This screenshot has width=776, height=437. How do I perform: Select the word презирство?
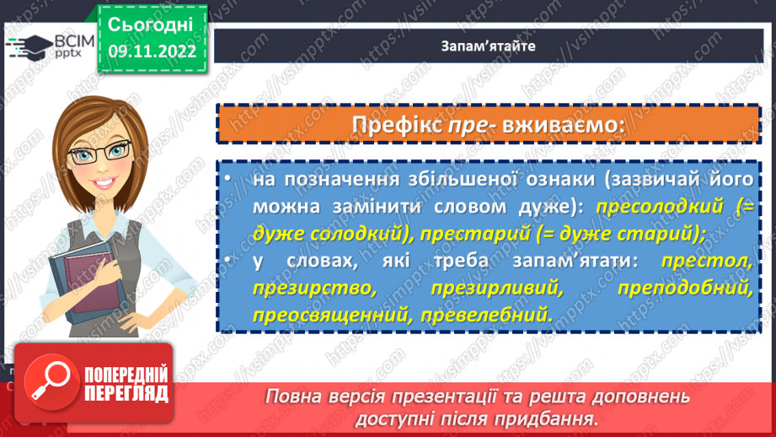[313, 288]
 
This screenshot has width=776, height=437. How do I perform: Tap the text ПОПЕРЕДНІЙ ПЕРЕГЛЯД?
[126, 384]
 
